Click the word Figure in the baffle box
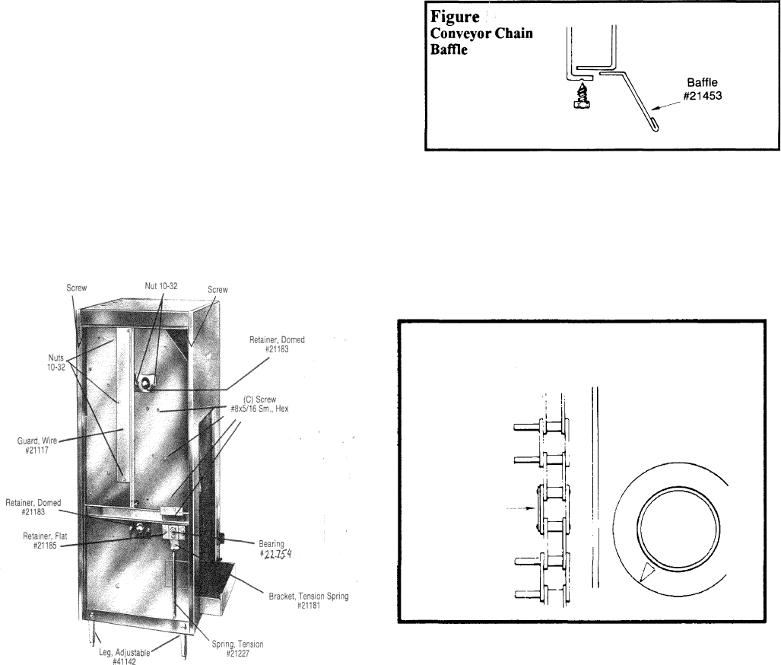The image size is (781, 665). coord(455,17)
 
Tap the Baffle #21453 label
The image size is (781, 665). coord(703,89)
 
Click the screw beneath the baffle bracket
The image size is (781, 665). coord(581,96)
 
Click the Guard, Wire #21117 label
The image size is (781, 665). coord(37,445)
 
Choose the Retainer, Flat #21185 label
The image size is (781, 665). coord(45,541)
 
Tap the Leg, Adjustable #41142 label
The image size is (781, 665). coord(125,657)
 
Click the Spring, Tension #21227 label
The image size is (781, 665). coord(237,648)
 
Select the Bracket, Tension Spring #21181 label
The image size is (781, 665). coord(309,600)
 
